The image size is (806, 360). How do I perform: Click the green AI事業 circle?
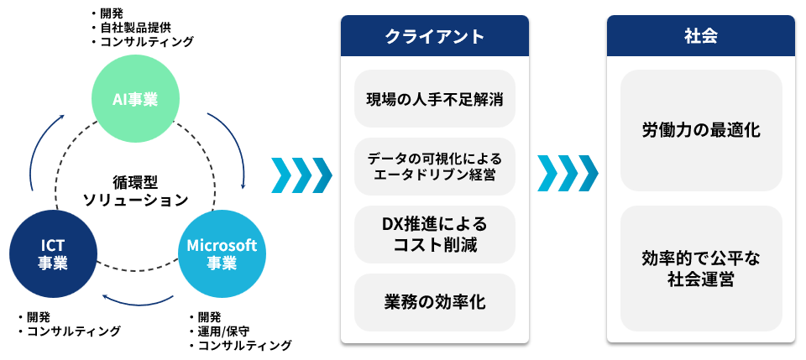135,98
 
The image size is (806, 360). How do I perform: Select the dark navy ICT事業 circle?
53,254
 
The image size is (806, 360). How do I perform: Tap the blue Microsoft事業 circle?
222,254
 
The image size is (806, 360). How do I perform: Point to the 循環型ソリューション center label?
136,191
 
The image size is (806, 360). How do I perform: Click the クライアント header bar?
434,36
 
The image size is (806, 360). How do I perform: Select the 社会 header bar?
700,36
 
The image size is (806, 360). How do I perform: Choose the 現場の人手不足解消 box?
434,99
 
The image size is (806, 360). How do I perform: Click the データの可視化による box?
434,166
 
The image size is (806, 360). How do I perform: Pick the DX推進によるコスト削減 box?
434,235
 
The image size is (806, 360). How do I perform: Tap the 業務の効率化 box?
434,302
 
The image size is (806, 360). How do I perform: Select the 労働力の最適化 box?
701,130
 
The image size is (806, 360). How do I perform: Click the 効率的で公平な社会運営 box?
701,269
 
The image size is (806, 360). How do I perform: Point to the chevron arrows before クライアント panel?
301,175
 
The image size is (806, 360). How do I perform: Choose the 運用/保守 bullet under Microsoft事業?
219,331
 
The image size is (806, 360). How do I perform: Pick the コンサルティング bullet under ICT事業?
70,331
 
